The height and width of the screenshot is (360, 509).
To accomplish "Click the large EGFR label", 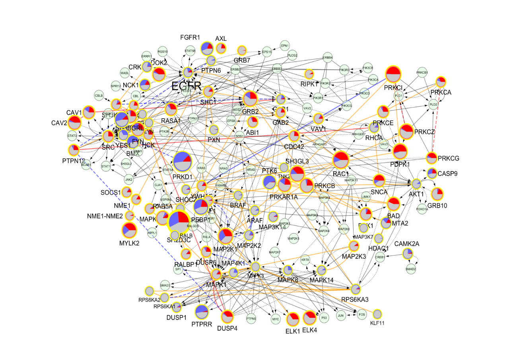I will point(186,86).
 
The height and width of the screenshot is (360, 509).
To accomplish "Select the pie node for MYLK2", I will point(130,230).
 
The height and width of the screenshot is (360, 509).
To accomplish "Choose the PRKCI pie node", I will point(393,74).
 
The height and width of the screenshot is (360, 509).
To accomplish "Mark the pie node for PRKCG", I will point(432,158).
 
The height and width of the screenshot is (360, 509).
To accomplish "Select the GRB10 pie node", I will point(437,194).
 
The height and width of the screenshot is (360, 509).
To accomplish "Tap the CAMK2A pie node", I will point(407,253).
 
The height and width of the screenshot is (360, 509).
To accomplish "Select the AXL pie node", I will point(221,49).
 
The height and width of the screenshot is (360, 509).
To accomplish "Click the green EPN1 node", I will point(285,45).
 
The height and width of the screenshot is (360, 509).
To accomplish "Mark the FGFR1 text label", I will point(190,38).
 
